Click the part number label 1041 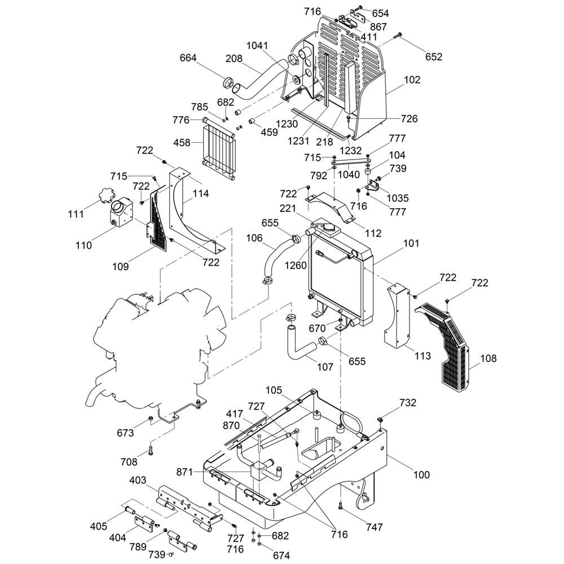coord(257,46)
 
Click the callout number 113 coord(423,356)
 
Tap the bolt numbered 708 coord(151,450)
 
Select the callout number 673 coord(125,433)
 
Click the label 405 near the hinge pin coord(99,527)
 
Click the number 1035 coord(398,198)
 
